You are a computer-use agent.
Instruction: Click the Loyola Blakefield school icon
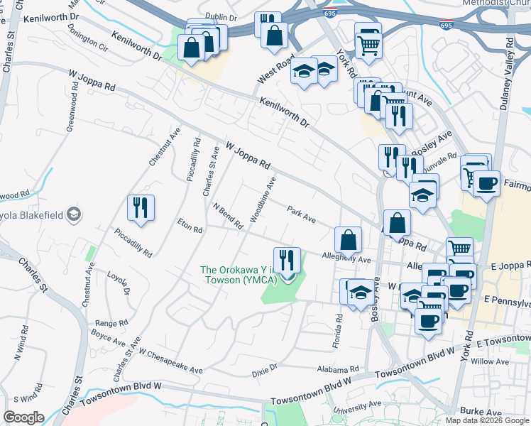tap(73, 214)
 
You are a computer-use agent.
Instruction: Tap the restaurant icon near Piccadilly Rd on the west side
tap(141, 207)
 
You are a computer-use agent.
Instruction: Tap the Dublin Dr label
tap(220, 16)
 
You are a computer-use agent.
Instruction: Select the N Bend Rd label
tap(229, 216)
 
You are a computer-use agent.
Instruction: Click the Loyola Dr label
tap(119, 281)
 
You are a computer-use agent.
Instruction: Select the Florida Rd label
tap(337, 332)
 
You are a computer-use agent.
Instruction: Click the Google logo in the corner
tap(23, 417)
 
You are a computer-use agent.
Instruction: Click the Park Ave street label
tap(301, 214)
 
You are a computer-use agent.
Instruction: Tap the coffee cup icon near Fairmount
tap(487, 184)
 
